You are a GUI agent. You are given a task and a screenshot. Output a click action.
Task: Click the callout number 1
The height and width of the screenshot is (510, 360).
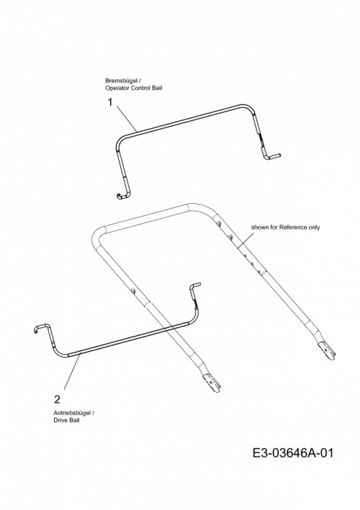tap(110, 102)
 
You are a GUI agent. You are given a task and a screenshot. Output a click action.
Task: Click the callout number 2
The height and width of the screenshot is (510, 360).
tap(57, 399)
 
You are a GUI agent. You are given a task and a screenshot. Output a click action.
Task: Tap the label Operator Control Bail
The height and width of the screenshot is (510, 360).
tap(133, 88)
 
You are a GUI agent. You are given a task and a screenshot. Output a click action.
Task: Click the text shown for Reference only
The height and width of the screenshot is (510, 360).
tap(285, 227)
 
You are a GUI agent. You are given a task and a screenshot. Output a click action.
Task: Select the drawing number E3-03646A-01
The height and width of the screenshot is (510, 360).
tap(293, 452)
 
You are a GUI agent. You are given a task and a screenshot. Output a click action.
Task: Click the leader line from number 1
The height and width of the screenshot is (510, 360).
tap(127, 119)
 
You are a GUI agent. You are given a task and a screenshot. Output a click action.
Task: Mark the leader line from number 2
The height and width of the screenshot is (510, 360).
tap(72, 372)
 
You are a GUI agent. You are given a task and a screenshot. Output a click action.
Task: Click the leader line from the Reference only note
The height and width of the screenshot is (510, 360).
tap(246, 240)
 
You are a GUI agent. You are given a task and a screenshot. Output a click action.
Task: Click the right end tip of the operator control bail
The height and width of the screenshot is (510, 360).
tap(280, 155)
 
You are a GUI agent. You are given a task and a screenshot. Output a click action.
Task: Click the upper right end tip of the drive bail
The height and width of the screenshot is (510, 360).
tap(199, 284)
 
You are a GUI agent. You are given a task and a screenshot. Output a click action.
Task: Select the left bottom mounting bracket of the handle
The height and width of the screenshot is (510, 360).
tap(212, 383)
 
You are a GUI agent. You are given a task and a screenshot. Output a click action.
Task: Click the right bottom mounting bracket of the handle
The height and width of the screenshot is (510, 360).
tap(326, 350)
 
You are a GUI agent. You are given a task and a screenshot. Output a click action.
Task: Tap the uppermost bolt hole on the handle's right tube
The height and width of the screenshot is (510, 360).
tap(219, 223)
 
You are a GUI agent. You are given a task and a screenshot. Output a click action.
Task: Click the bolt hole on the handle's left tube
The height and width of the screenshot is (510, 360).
tap(133, 291)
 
